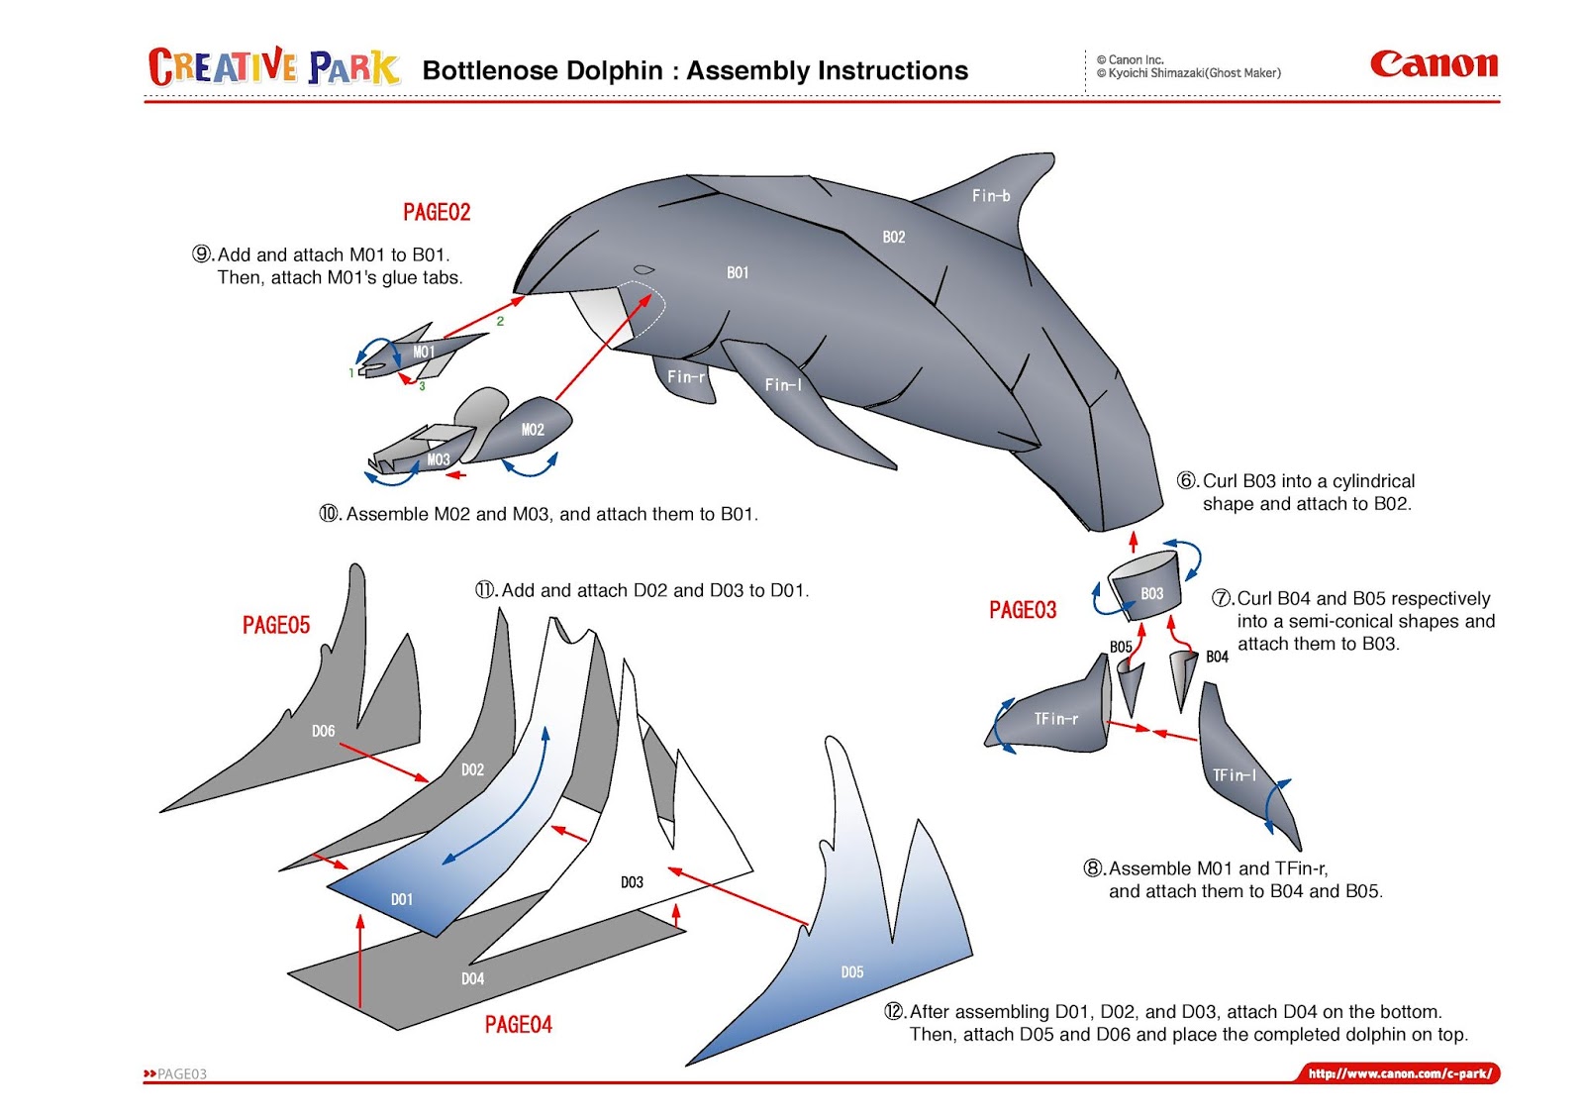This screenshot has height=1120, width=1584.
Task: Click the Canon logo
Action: pyautogui.click(x=1434, y=65)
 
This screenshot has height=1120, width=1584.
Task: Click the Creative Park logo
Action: pyautogui.click(x=274, y=67)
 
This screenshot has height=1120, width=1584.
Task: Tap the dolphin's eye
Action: pyautogui.click(x=643, y=269)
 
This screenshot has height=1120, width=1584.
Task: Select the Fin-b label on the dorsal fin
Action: pyautogui.click(x=991, y=196)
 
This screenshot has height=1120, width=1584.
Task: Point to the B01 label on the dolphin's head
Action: pyautogui.click(x=738, y=272)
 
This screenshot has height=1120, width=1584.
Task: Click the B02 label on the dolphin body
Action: pyautogui.click(x=894, y=237)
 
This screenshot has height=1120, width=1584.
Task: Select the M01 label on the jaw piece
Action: pyautogui.click(x=424, y=352)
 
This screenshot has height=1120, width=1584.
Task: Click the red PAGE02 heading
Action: pyautogui.click(x=437, y=212)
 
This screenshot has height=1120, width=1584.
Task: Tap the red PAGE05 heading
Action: pyautogui.click(x=276, y=625)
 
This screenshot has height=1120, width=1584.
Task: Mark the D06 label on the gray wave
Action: pyautogui.click(x=323, y=731)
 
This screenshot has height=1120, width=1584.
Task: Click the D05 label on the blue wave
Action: pyautogui.click(x=852, y=972)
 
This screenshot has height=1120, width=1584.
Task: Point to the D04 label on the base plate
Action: pyautogui.click(x=472, y=978)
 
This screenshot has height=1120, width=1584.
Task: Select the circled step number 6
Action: pyautogui.click(x=1187, y=481)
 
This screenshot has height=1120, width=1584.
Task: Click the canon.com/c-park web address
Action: pyautogui.click(x=1399, y=1073)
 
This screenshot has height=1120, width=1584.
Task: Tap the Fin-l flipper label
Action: pyautogui.click(x=783, y=384)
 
